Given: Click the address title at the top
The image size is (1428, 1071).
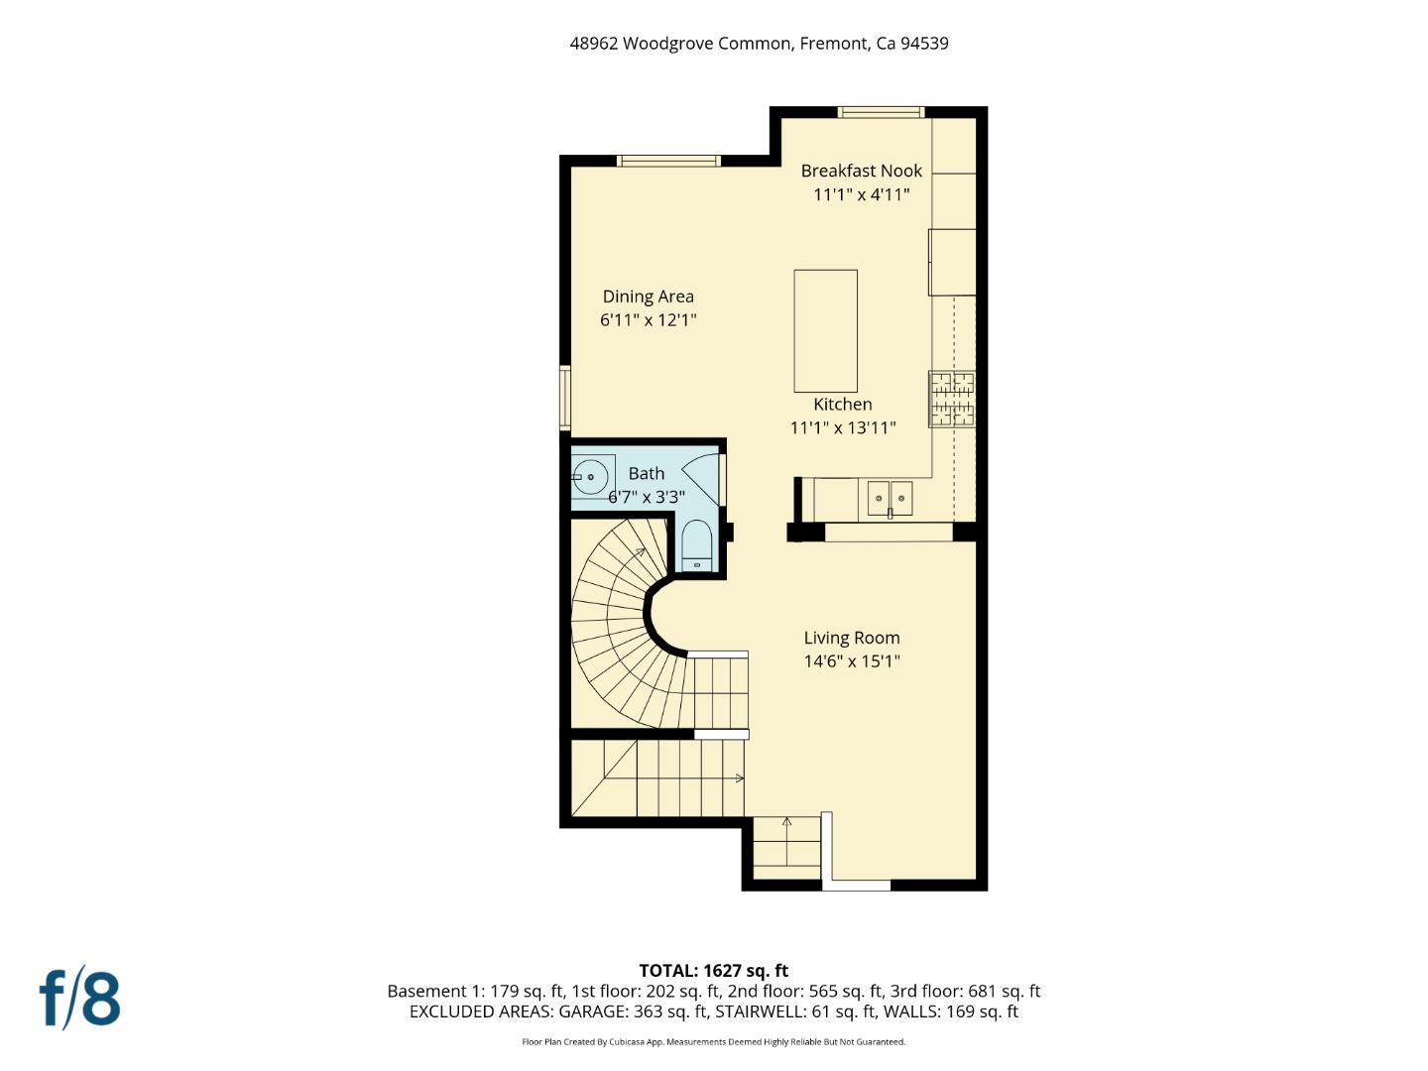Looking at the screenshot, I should (759, 44).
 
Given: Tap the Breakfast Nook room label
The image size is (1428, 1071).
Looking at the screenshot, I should (861, 171).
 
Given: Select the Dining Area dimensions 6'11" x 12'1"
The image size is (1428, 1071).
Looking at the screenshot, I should (648, 320).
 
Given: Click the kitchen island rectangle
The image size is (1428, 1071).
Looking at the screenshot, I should (825, 331).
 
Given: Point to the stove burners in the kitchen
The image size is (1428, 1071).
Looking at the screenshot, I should (951, 400).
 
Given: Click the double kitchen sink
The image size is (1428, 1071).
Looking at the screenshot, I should (890, 498).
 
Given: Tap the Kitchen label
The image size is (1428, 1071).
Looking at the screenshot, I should (842, 405).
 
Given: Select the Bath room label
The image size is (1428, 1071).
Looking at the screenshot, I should (646, 474).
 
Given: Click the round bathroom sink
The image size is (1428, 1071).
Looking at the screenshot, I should (591, 477).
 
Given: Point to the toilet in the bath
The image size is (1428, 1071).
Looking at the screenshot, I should (696, 547).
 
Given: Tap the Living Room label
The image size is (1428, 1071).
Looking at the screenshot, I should (851, 639).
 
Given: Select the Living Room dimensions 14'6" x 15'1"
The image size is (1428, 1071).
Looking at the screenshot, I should (851, 661).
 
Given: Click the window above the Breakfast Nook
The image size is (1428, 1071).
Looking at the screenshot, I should (881, 112).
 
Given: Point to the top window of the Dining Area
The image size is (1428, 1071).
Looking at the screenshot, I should (668, 161).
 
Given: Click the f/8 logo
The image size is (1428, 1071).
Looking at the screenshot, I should (79, 999).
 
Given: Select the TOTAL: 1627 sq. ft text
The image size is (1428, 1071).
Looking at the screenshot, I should (713, 971).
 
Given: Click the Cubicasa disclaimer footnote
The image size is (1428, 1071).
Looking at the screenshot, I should (713, 1042).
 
